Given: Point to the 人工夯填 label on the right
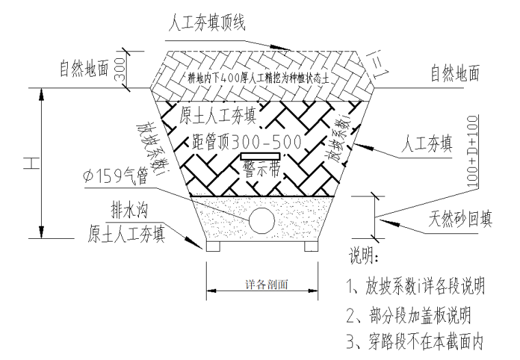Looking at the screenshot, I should pos(427,145).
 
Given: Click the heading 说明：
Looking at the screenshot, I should pos(369,259).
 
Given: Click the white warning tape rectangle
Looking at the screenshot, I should pos(259,159).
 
